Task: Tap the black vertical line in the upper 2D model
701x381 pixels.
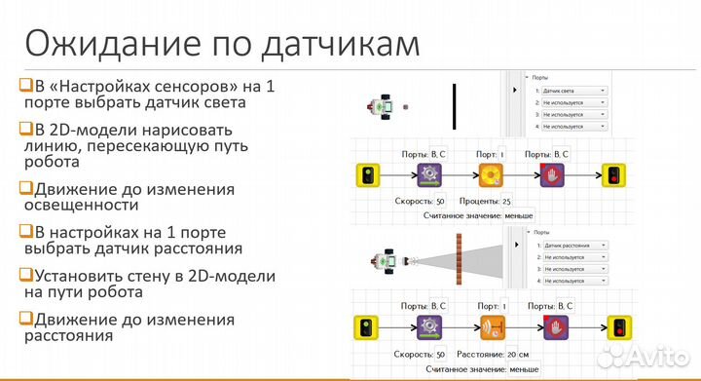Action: coord(454,106)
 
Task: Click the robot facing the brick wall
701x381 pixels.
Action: coord(389,260)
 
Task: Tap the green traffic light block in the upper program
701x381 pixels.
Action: coord(369,175)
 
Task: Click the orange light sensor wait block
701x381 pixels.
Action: coord(491,175)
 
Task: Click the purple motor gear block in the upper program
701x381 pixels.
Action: coord(429,175)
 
